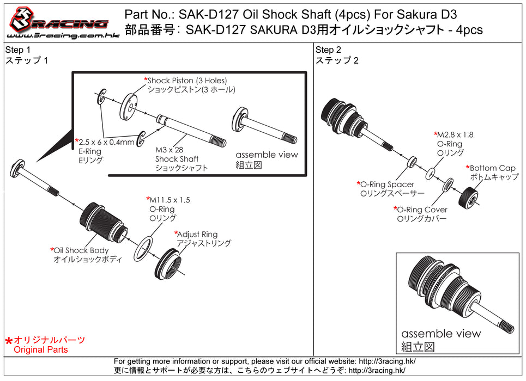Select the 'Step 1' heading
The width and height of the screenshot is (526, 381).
click(17, 50)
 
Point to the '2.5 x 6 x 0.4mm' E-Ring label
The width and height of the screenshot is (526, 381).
click(106, 142)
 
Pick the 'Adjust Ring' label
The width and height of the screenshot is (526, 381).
click(197, 234)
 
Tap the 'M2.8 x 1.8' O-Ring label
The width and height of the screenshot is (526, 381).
click(456, 134)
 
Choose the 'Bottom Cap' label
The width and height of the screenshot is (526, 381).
click(493, 168)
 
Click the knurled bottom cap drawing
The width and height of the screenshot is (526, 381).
click(468, 194)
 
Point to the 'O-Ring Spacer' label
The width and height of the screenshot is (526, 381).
click(387, 185)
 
